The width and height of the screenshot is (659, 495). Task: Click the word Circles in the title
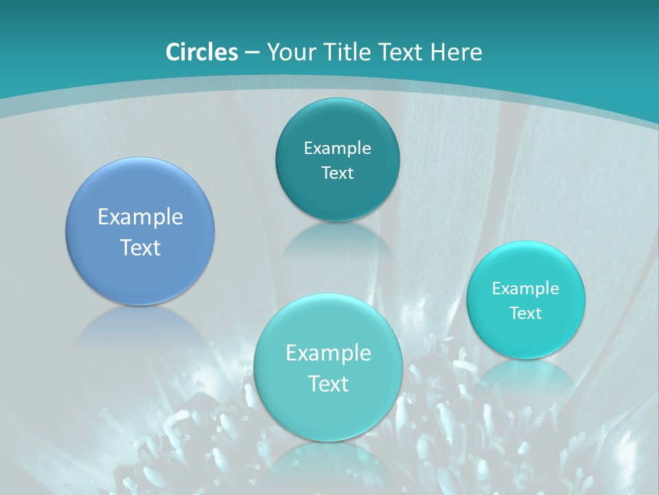click(201, 52)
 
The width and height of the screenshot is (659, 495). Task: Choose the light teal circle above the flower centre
click(328, 412)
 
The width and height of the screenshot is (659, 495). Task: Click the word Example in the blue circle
click(140, 217)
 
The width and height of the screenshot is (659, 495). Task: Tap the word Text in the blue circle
click(140, 247)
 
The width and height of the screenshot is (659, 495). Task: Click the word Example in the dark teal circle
click(337, 148)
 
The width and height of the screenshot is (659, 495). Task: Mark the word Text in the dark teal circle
click(337, 173)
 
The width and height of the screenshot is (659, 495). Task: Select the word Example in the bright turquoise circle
click(526, 288)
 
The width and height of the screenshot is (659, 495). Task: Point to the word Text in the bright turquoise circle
click(526, 313)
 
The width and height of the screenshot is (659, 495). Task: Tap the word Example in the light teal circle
click(328, 353)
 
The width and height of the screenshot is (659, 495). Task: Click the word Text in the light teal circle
click(328, 384)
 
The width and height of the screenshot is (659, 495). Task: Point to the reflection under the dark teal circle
click(337, 241)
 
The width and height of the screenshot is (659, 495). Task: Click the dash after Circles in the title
click(251, 52)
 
